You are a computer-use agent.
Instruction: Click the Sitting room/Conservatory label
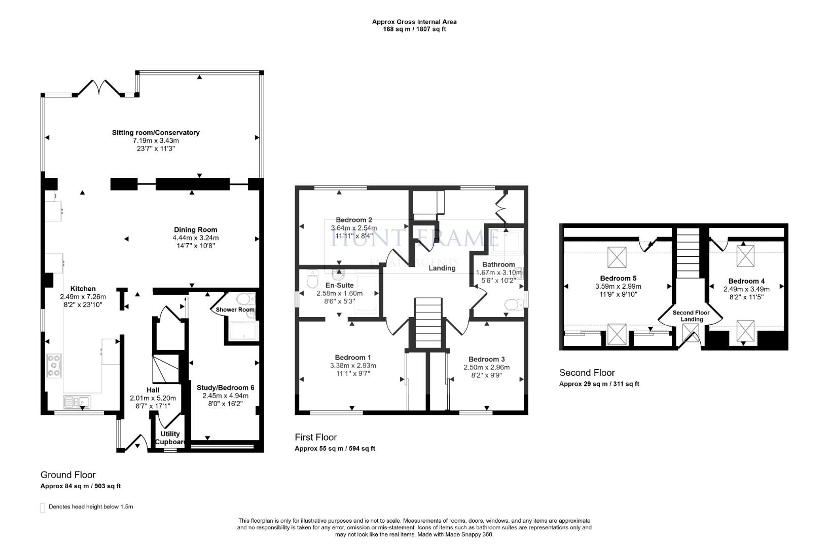[x=156, y=133]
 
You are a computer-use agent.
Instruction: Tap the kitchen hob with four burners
[x=54, y=366]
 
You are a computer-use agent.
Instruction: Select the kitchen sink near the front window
[x=77, y=402]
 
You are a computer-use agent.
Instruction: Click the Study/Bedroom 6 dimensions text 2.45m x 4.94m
[x=225, y=396]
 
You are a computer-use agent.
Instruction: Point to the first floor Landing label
[x=442, y=268]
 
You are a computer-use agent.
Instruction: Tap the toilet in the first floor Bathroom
[x=513, y=305]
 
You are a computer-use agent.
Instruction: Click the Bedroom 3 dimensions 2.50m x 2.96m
[x=486, y=367]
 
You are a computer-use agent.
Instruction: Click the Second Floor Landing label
[x=691, y=316]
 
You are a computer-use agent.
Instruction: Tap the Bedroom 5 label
[x=618, y=278]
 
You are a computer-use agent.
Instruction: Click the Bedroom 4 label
[x=746, y=281]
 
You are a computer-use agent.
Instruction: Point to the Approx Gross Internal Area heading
[x=414, y=22]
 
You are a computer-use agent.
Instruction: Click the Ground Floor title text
[x=68, y=475]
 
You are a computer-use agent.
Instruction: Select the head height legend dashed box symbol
[x=43, y=507]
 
